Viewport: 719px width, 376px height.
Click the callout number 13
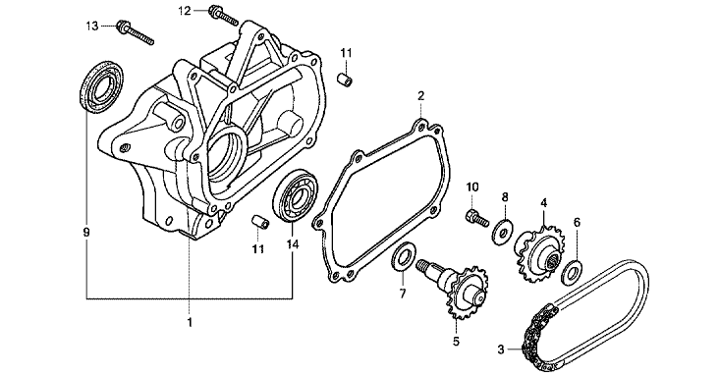click(92, 26)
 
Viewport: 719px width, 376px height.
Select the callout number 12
click(185, 11)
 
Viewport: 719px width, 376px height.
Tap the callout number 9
click(86, 233)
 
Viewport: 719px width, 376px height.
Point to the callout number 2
click(421, 96)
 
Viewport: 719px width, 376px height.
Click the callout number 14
click(293, 244)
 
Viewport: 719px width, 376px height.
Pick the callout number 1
click(190, 322)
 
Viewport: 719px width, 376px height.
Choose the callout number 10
click(472, 188)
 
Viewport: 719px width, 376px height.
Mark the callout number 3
click(501, 349)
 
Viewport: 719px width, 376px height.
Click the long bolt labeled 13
click(136, 33)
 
